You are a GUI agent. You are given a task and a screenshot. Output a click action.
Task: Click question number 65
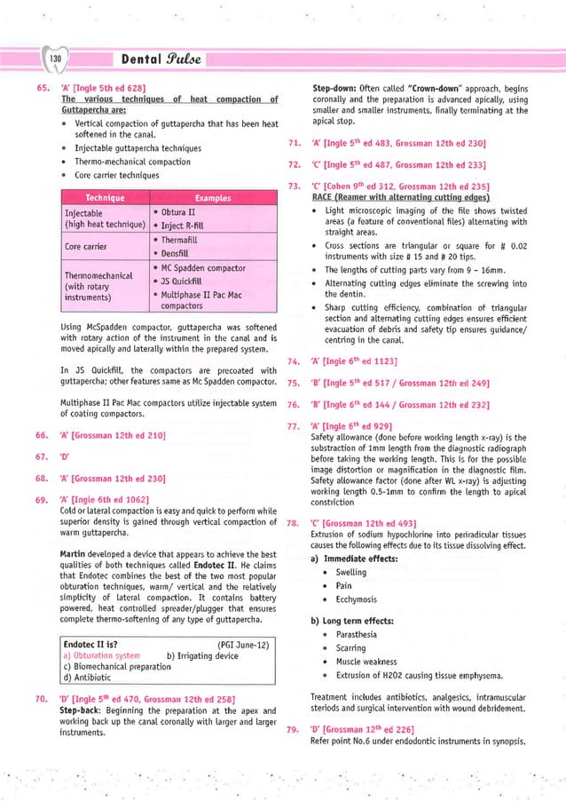(41, 88)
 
